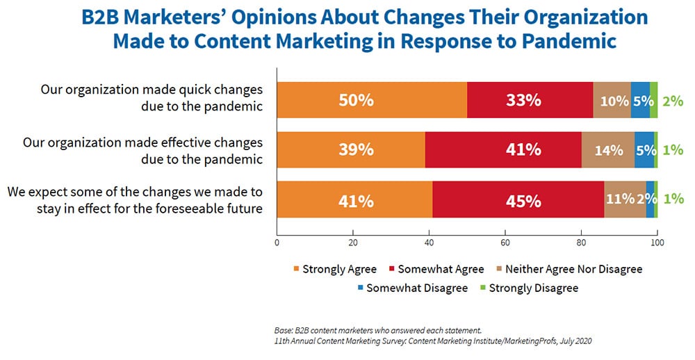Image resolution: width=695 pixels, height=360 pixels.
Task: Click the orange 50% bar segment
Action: [372, 100]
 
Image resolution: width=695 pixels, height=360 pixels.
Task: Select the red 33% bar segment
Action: [530, 100]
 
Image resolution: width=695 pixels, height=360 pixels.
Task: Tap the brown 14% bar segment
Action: [608, 150]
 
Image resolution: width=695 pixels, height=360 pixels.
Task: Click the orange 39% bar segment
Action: [351, 150]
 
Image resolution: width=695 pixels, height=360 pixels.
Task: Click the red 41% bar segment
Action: [503, 150]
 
